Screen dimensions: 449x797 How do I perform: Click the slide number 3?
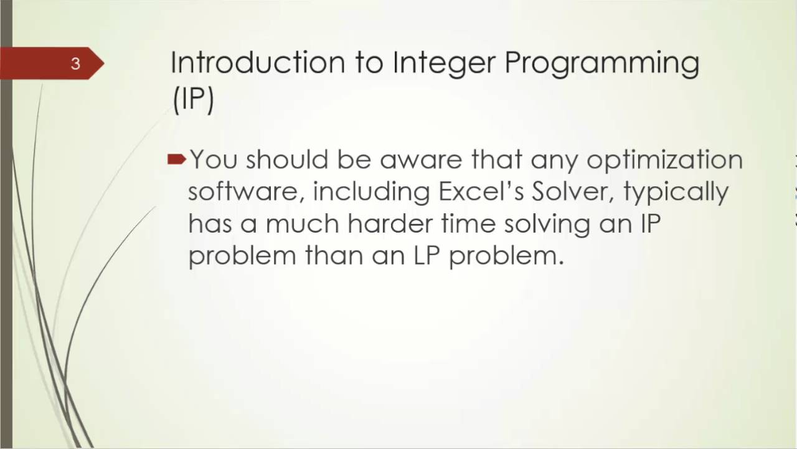75,64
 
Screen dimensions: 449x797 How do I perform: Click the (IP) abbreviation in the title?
193,99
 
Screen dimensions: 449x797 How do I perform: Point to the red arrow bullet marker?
177,160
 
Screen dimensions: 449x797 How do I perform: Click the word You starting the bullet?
214,160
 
